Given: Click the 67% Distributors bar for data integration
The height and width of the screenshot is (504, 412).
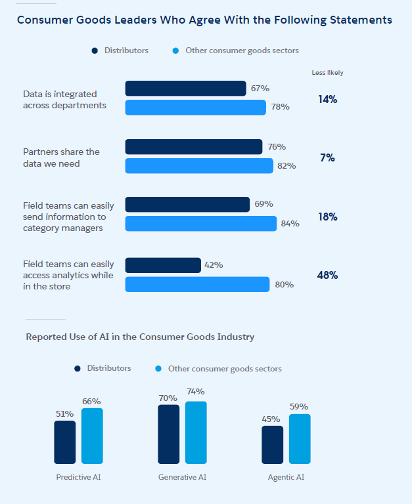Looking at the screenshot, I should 185,89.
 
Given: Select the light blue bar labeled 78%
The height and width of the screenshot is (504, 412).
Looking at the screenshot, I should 195,107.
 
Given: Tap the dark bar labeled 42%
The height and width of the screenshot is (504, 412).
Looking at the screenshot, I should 163,265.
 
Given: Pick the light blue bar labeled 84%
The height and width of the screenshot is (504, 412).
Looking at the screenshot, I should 200,224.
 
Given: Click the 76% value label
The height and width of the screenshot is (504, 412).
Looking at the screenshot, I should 277,147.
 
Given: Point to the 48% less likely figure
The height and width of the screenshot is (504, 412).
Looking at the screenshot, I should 327,276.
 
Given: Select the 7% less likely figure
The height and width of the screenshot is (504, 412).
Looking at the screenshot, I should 327,158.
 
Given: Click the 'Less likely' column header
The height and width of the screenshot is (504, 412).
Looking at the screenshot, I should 327,73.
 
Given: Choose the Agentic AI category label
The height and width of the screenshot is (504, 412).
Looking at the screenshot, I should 286,477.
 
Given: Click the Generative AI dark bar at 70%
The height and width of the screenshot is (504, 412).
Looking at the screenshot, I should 168,434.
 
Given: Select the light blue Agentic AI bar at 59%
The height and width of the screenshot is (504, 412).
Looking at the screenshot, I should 300,438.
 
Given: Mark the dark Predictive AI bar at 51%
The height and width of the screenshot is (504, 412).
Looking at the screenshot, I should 64,442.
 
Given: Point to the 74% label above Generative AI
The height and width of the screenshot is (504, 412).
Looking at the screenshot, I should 195,392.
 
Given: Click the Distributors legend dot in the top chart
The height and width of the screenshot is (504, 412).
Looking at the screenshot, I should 95,51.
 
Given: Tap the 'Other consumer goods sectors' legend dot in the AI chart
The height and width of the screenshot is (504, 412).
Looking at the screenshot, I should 158,369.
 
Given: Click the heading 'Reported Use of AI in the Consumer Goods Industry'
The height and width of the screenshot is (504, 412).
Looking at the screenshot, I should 140,337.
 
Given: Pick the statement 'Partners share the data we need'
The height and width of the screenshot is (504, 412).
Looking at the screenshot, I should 61,157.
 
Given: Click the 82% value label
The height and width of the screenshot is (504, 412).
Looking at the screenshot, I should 286,166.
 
